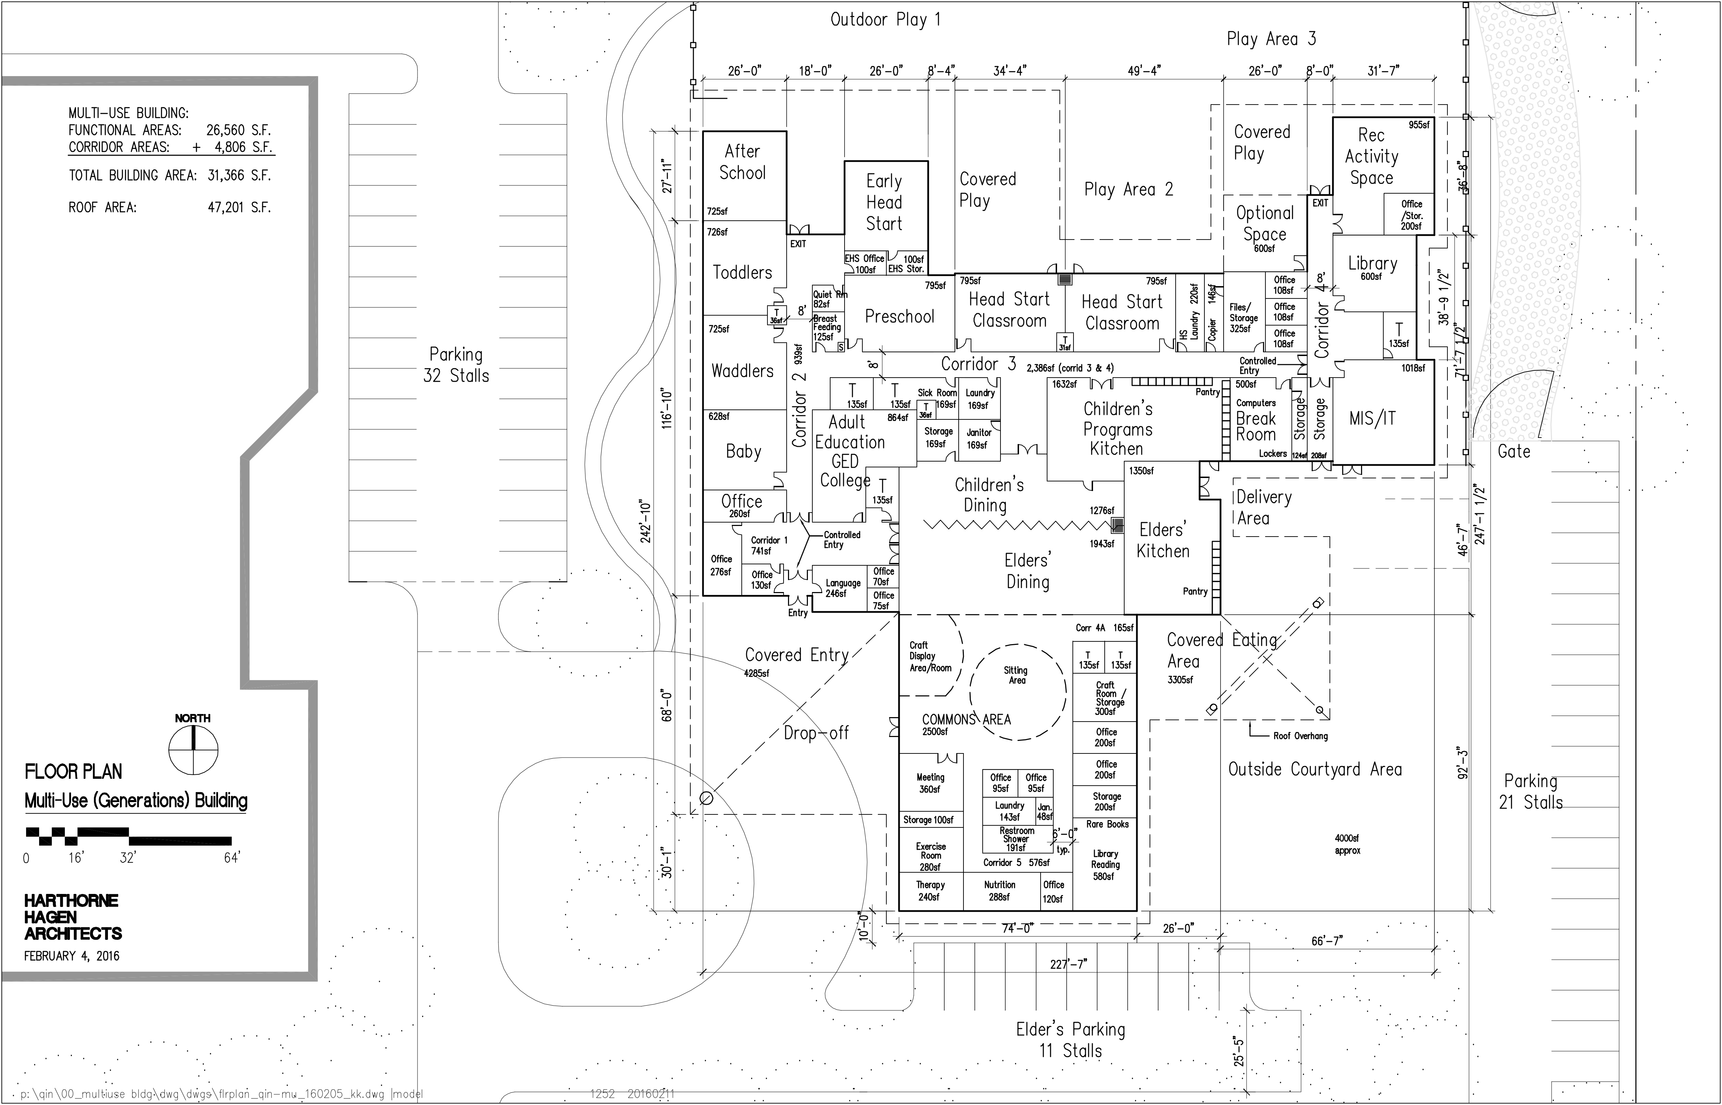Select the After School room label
[742, 162]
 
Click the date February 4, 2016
[72, 956]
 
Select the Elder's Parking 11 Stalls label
[1070, 1040]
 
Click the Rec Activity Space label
[1371, 157]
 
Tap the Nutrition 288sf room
[999, 891]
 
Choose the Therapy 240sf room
[930, 891]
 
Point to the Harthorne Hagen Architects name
[73, 917]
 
